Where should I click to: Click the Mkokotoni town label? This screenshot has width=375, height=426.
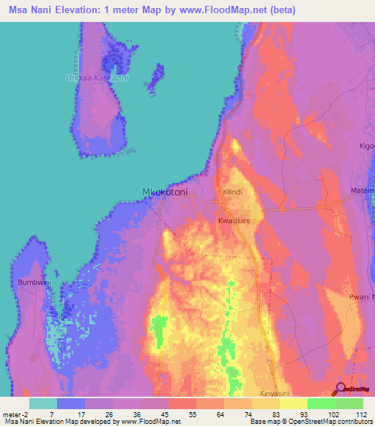pos(164,193)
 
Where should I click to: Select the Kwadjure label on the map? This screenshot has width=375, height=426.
pos(234,220)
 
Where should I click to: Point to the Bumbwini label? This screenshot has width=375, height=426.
pos(33,281)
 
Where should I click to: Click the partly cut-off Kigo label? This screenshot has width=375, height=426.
pos(366,146)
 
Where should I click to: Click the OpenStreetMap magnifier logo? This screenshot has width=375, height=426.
pos(339,389)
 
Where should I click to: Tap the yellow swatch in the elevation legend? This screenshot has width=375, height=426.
pos(294,403)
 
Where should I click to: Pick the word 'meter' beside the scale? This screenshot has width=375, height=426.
pos(11,414)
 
